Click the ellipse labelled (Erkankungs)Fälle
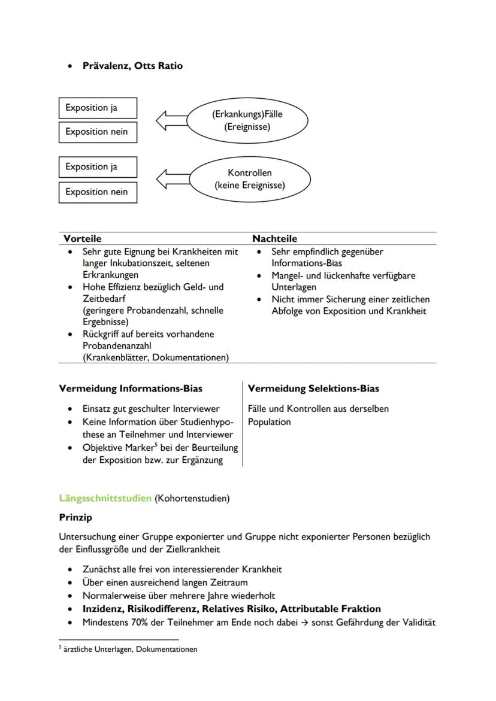247,120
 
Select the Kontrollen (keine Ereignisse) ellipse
250,179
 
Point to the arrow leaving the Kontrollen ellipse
173,179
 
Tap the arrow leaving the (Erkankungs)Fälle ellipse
172,120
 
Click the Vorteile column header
83,238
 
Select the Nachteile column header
274,238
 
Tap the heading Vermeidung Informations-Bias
131,389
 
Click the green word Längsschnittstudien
105,498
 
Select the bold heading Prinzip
75,517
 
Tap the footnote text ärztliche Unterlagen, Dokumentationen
130,649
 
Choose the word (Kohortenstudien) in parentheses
192,498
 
